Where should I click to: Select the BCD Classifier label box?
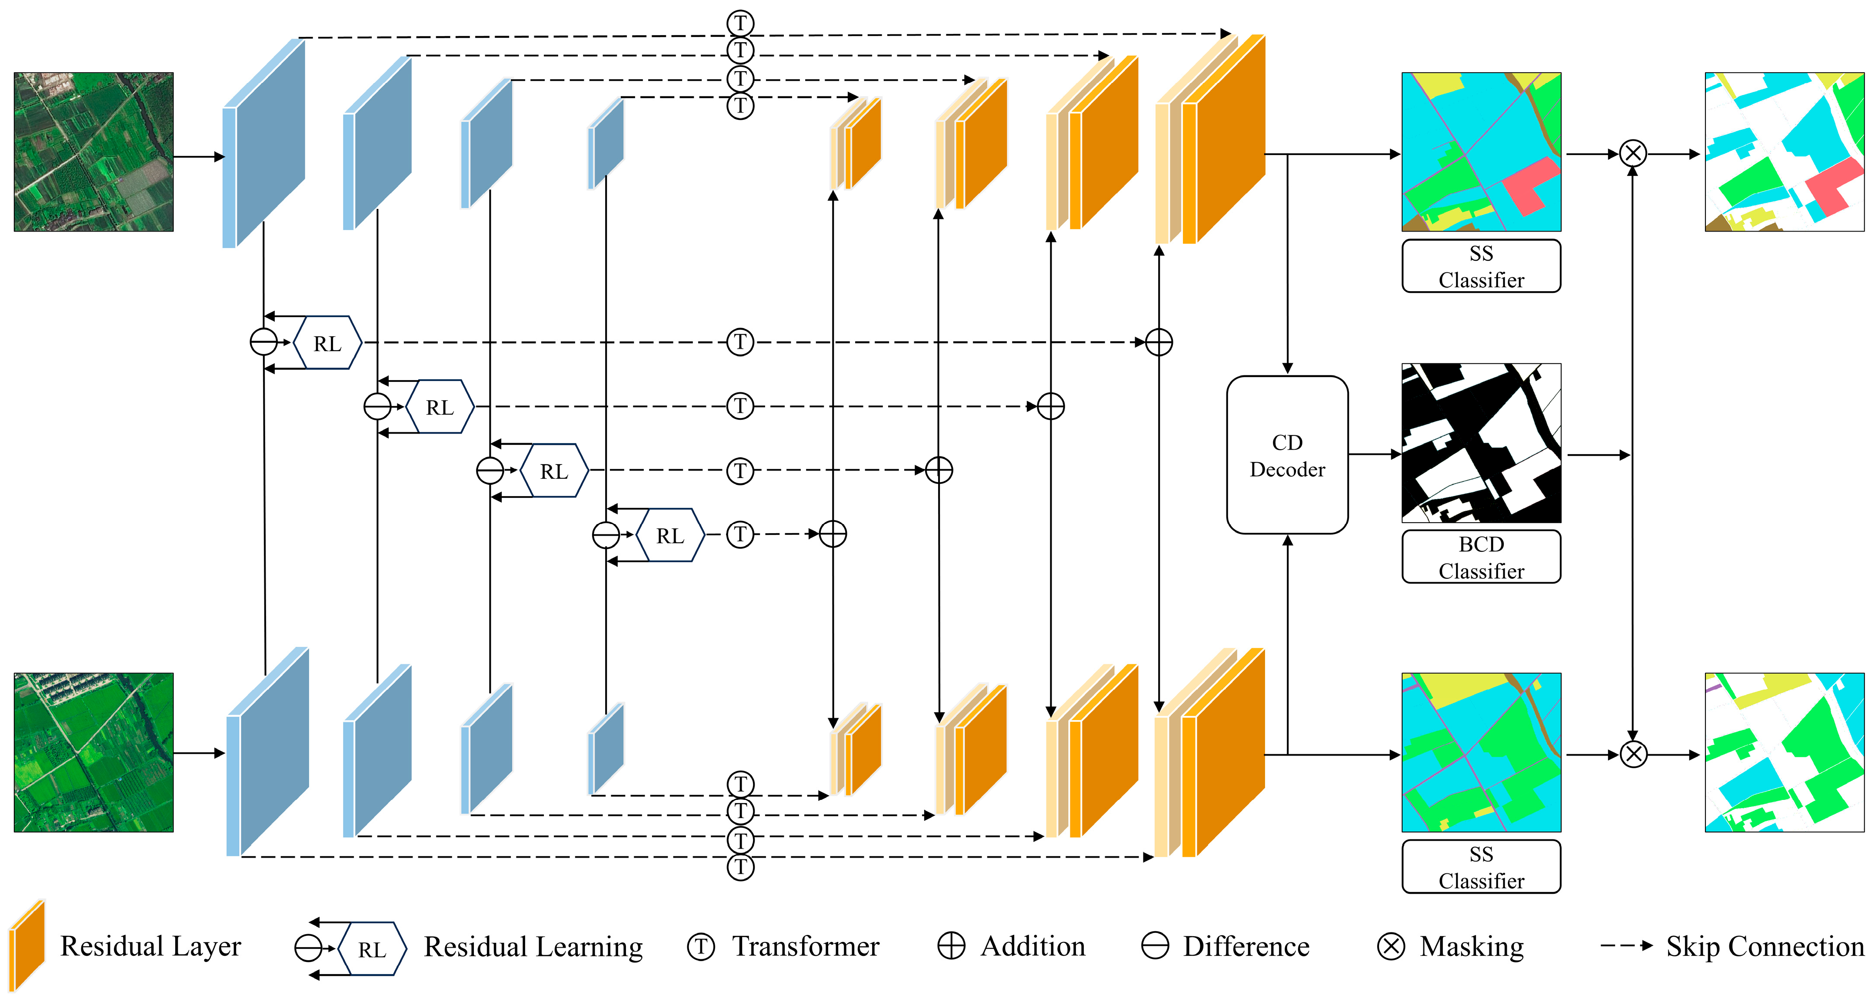1481,557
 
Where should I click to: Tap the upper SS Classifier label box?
1481,266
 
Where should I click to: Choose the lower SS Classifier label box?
1481,867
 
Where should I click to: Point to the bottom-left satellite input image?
94,753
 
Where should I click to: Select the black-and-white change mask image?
1481,443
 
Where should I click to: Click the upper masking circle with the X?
1633,153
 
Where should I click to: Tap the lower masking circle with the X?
1633,754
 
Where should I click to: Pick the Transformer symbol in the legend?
701,947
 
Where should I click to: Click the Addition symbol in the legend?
951,946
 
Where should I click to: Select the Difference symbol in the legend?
1155,946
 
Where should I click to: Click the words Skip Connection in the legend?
1765,946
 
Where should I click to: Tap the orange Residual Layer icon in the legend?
27,945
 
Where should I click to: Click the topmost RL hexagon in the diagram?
327,343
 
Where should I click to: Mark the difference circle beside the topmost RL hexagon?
263,342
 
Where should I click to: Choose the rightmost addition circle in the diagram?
1159,342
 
